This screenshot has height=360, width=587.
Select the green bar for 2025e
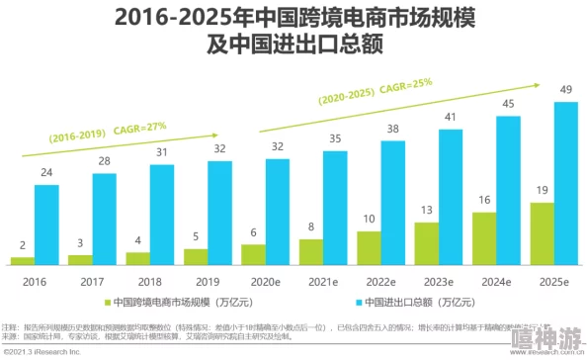541,233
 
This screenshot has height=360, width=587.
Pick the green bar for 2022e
369,248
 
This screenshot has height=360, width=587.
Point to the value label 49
566,90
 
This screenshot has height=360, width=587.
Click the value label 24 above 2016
46,172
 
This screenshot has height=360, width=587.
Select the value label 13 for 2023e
426,210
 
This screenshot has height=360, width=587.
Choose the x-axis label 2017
92,282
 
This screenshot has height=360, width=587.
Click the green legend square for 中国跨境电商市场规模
106,303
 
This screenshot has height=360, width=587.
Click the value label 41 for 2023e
451,117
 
